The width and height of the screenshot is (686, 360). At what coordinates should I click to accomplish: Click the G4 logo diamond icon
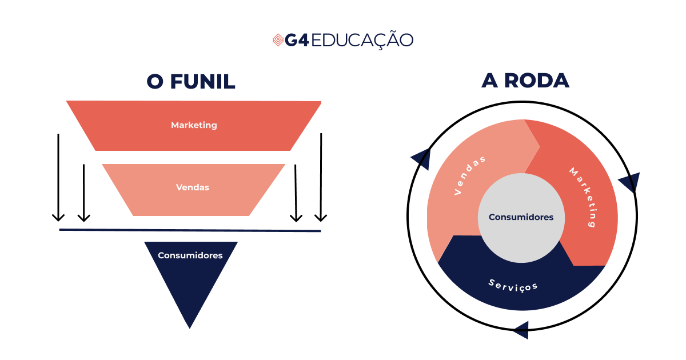[x=278, y=40]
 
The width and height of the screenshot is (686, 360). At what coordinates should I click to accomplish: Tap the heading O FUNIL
[x=191, y=81]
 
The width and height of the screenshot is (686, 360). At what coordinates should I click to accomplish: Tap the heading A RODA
[x=525, y=81]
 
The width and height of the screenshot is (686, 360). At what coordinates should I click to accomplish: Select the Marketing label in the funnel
[x=194, y=125]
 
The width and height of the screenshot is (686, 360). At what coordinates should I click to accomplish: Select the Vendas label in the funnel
[x=193, y=187]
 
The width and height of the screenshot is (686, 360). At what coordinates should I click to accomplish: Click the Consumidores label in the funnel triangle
[x=190, y=255]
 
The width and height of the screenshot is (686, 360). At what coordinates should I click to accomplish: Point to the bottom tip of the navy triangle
[x=190, y=327]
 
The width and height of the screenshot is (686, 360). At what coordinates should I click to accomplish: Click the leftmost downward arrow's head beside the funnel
[x=58, y=217]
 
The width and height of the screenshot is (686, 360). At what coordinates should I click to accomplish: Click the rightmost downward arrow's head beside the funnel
[x=321, y=217]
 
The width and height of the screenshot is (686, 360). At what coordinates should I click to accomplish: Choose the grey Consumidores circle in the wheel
[x=521, y=218]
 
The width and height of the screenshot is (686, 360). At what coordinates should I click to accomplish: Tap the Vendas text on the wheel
[x=470, y=175]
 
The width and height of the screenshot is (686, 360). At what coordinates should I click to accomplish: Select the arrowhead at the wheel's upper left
[x=422, y=158]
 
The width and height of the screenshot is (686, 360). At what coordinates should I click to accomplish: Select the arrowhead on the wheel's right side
[x=630, y=182]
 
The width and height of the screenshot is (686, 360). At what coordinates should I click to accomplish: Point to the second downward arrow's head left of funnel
[x=83, y=217]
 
